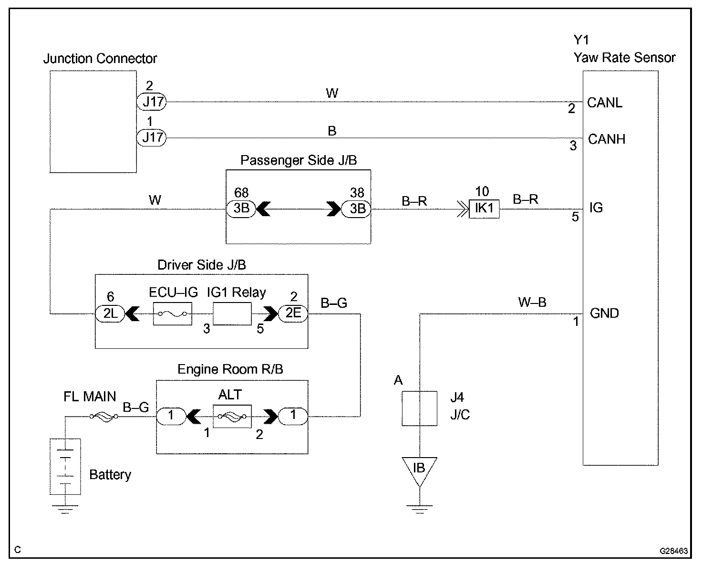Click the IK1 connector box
[x=484, y=209]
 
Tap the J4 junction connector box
[x=419, y=408]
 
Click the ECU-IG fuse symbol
[x=172, y=314]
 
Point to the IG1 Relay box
[x=232, y=314]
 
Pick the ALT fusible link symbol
[x=232, y=416]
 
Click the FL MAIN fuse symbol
[x=103, y=417]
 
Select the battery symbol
[x=65, y=466]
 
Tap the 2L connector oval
[x=110, y=313]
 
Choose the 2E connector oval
[x=293, y=313]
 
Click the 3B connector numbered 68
[x=241, y=209]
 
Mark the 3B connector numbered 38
[x=357, y=209]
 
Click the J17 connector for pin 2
[x=151, y=102]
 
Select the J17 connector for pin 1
[x=151, y=138]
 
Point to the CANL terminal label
[x=605, y=103]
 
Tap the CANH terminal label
[x=606, y=139]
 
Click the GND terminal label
[x=604, y=313]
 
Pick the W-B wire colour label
[x=532, y=302]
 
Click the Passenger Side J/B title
[x=298, y=160]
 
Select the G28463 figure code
[x=673, y=551]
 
